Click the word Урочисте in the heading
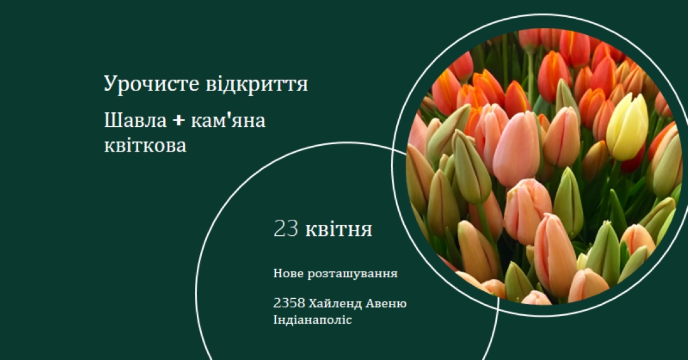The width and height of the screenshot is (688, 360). pyautogui.click(x=152, y=84)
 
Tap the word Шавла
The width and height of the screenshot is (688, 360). pyautogui.click(x=135, y=120)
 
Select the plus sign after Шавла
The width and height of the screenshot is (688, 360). pyautogui.click(x=178, y=120)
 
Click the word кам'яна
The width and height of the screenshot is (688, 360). pyautogui.click(x=228, y=120)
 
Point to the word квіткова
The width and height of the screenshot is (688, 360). pyautogui.click(x=145, y=145)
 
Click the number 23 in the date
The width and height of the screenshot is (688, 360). pyautogui.click(x=285, y=229)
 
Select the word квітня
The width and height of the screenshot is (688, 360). pyautogui.click(x=338, y=229)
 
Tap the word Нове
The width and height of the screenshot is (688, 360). pyautogui.click(x=289, y=273)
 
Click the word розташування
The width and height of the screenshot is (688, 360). pyautogui.click(x=352, y=274)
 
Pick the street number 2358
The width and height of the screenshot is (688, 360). pyautogui.click(x=289, y=303)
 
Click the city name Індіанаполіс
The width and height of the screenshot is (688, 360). pyautogui.click(x=312, y=320)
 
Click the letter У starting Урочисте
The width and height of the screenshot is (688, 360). pyautogui.click(x=110, y=84)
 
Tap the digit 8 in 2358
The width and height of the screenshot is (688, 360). pyautogui.click(x=301, y=303)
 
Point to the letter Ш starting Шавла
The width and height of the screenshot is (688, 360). pyautogui.click(x=111, y=120)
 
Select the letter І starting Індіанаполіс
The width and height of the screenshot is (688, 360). pyautogui.click(x=276, y=320)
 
